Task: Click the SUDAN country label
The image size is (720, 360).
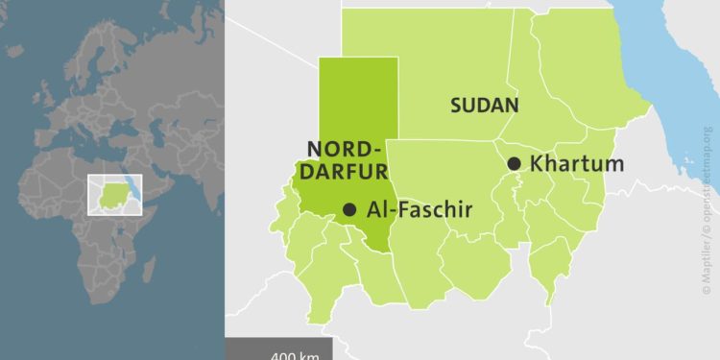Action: pyautogui.click(x=485, y=106)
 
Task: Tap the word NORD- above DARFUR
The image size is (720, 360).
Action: pyautogui.click(x=345, y=149)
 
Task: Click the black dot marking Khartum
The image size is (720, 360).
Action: pyautogui.click(x=515, y=164)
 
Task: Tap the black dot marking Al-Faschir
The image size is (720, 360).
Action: pyautogui.click(x=349, y=209)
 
